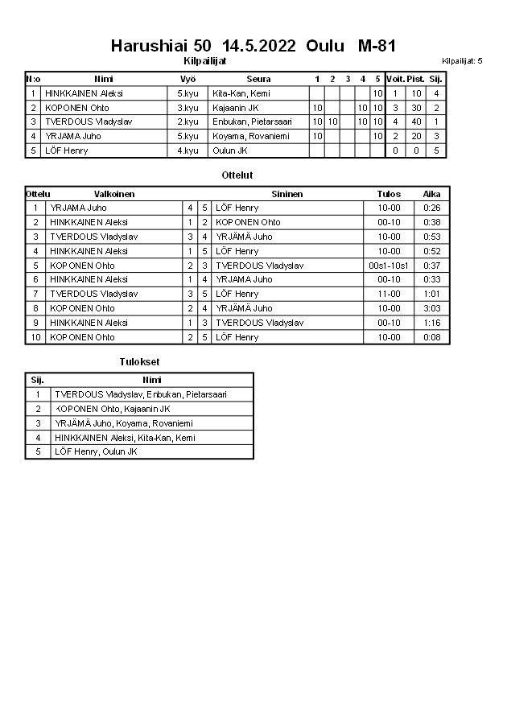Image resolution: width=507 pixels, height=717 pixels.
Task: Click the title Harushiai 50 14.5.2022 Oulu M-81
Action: (253, 46)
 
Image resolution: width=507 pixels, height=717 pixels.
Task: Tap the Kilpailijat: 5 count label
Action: (461, 60)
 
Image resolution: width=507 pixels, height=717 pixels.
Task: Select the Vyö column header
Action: (188, 79)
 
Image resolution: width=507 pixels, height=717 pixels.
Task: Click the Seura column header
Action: (258, 79)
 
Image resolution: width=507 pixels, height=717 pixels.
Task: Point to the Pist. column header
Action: (415, 79)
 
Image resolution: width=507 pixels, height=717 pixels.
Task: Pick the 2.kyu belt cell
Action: (188, 122)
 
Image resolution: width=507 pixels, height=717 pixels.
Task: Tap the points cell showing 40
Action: (416, 122)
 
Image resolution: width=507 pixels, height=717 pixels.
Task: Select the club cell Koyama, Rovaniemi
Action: (246, 136)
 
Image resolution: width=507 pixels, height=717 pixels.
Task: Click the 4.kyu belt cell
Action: (188, 150)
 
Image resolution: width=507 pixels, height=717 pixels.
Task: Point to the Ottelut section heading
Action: (237, 175)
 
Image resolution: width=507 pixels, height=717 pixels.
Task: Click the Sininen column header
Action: (287, 194)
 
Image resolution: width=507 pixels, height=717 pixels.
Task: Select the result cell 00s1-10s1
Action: (389, 266)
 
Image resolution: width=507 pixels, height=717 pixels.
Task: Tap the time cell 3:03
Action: (432, 308)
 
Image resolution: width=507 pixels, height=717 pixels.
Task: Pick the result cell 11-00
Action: (389, 294)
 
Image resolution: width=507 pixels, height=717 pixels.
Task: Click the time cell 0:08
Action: (432, 337)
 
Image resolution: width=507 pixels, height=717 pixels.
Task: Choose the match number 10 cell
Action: (35, 337)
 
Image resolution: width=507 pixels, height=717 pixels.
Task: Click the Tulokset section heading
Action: (139, 362)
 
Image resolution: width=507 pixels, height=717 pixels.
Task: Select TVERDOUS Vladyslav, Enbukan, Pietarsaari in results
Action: (141, 394)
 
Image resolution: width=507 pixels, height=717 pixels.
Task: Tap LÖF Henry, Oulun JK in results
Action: (96, 452)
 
